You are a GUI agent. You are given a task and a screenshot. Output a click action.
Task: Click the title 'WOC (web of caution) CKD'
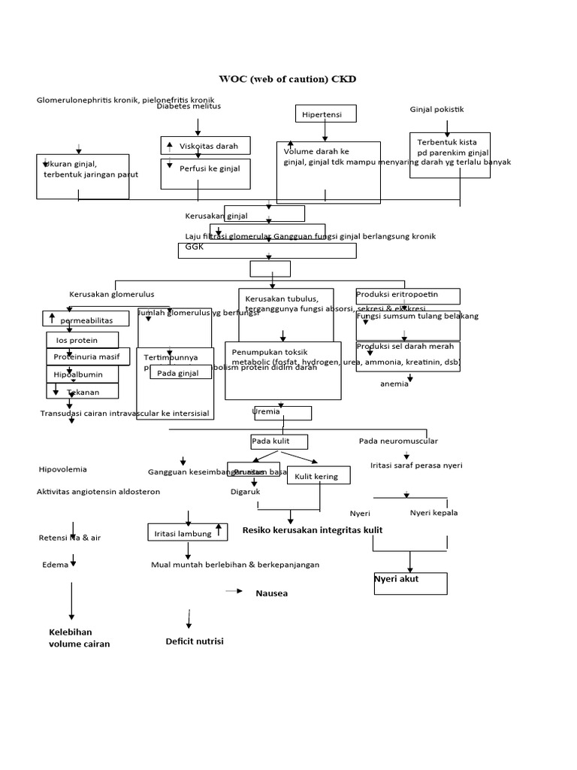(x=288, y=79)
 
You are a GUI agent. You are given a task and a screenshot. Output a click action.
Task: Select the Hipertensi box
(x=325, y=114)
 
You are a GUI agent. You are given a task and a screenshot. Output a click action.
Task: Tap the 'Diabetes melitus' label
(x=189, y=106)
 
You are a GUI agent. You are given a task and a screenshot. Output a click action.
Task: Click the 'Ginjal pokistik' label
(x=437, y=109)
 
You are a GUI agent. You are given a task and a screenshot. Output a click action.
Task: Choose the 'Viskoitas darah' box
(x=204, y=146)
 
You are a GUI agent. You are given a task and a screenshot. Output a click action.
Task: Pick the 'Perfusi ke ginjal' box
(x=204, y=168)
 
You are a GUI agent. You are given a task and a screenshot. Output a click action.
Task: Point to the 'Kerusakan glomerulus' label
(x=111, y=294)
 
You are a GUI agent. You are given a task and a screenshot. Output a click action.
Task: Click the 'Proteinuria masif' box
(x=87, y=356)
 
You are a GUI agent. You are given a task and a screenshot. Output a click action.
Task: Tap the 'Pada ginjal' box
(x=179, y=373)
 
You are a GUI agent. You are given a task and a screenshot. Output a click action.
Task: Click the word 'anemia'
(x=394, y=383)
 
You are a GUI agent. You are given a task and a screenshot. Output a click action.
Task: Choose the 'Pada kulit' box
(x=279, y=441)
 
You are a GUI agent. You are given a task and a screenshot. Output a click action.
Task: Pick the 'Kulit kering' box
(x=316, y=476)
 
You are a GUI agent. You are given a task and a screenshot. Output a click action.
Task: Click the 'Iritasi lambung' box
(x=187, y=533)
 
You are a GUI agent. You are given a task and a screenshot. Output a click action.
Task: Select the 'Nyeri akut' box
(x=409, y=584)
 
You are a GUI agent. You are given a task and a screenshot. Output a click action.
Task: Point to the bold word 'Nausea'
(x=271, y=593)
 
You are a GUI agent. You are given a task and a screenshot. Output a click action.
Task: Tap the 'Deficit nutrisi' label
(x=195, y=641)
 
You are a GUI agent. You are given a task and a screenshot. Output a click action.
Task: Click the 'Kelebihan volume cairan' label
(x=79, y=638)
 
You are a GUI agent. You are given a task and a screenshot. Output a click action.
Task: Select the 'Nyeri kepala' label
(x=434, y=513)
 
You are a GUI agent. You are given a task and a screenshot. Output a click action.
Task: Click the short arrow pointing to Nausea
(x=233, y=592)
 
